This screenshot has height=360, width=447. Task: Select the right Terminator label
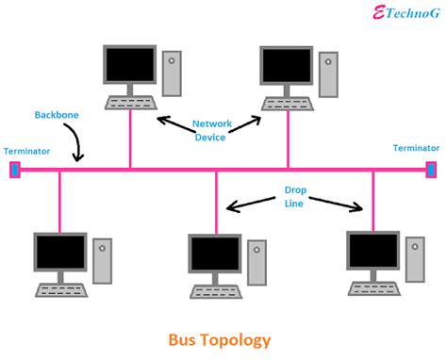pos(416,148)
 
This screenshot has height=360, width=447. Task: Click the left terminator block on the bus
pos(14,170)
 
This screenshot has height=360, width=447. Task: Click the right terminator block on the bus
pos(431,170)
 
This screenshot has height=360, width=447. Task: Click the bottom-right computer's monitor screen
pos(372,251)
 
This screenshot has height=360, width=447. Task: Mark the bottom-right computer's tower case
pos(414,259)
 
